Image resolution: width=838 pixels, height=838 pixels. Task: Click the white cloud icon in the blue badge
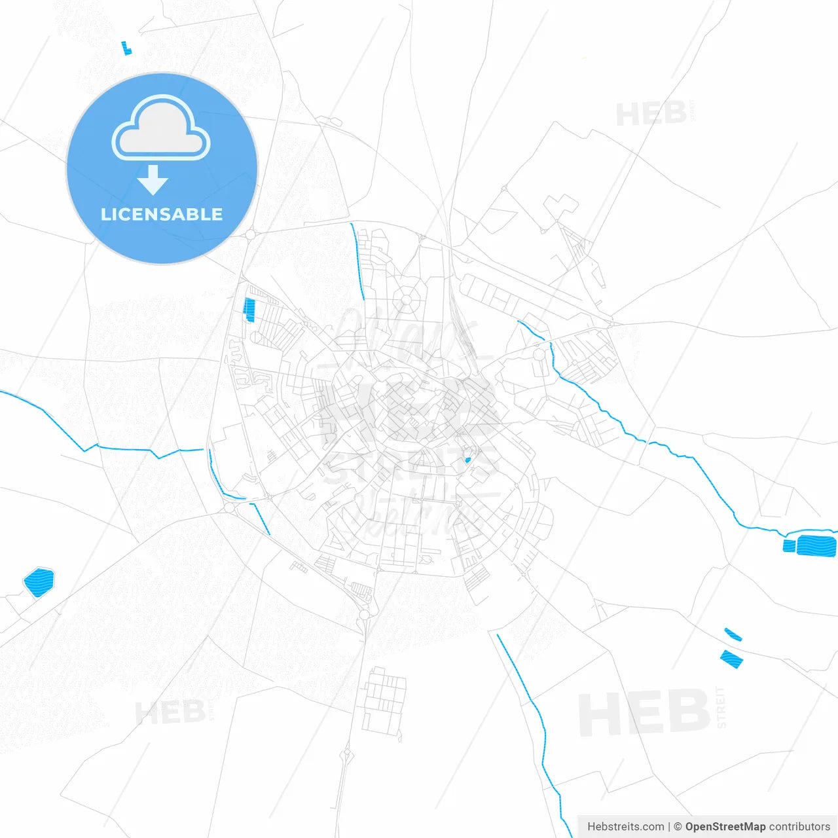[161, 128]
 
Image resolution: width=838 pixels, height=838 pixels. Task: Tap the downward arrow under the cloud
[153, 180]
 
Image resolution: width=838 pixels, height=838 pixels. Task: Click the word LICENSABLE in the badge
[162, 214]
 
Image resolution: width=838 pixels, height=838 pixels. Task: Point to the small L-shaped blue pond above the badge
[126, 48]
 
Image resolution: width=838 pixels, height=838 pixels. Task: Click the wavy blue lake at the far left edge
[39, 582]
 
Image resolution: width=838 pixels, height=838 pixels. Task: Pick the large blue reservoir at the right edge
[816, 545]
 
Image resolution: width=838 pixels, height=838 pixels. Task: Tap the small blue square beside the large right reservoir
[789, 545]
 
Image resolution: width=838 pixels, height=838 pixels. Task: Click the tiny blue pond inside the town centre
[467, 460]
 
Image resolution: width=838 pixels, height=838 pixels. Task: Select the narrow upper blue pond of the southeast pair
[733, 634]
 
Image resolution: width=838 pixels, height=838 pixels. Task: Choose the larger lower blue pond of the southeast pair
[731, 659]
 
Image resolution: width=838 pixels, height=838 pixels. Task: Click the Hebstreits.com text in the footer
[625, 826]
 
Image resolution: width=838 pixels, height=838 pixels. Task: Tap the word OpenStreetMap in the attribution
[725, 826]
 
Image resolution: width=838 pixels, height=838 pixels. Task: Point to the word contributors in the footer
[799, 826]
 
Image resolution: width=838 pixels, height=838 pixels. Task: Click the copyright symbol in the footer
[678, 826]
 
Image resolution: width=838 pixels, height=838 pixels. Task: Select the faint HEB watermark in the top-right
[651, 115]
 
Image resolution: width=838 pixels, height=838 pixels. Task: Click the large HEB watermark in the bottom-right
[644, 712]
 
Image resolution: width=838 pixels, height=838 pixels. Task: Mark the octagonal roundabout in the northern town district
[407, 300]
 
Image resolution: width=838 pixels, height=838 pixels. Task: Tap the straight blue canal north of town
[357, 261]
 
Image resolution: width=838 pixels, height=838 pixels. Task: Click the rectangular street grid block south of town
[384, 701]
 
